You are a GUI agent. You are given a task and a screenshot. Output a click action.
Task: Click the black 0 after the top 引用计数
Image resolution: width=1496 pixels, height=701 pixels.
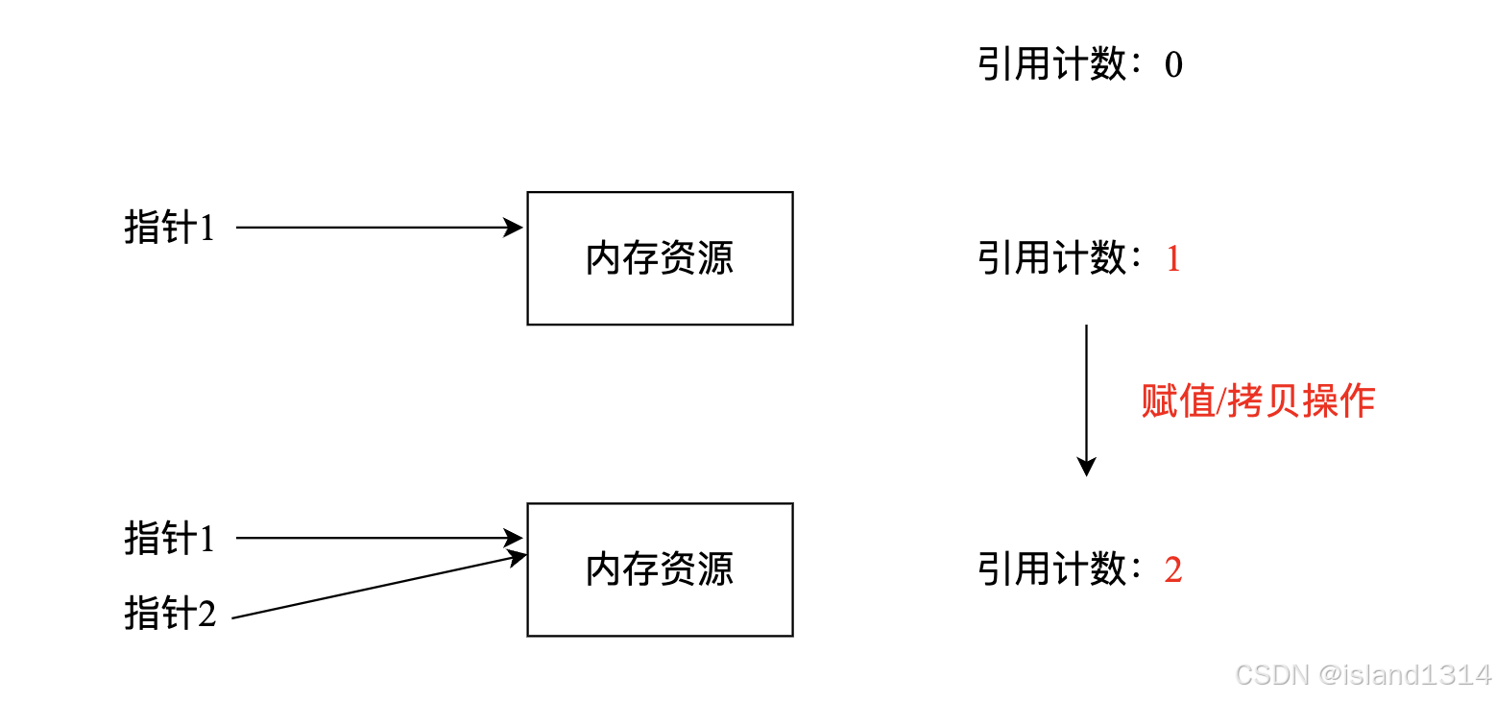pyautogui.click(x=1173, y=64)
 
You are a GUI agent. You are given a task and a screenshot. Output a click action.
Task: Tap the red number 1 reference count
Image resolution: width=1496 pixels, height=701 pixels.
pyautogui.click(x=1173, y=258)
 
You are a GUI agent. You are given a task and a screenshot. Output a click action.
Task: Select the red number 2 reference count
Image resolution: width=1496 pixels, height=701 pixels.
pyautogui.click(x=1173, y=569)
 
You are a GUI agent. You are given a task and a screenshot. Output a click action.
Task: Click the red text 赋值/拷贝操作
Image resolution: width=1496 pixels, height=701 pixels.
pyautogui.click(x=1258, y=401)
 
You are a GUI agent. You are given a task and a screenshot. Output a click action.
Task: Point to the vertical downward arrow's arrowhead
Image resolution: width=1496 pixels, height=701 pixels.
pyautogui.click(x=1087, y=467)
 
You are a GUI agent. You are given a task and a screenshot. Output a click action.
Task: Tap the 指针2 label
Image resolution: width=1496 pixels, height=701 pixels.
pyautogui.click(x=170, y=613)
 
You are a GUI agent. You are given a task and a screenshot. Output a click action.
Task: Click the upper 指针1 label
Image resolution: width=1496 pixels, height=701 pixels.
pyautogui.click(x=170, y=227)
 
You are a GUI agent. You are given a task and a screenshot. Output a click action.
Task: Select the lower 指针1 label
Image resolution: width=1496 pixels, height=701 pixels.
pyautogui.click(x=170, y=538)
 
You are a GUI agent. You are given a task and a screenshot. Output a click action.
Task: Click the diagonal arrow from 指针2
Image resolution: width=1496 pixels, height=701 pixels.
pyautogui.click(x=379, y=586)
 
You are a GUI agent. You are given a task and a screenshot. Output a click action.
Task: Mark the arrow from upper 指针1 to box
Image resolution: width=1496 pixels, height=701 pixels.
pyautogui.click(x=379, y=228)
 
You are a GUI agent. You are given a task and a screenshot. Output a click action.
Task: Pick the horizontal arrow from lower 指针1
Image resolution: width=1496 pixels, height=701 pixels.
pyautogui.click(x=379, y=538)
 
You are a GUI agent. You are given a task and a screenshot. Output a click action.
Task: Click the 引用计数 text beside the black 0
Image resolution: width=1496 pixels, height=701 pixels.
pyautogui.click(x=1051, y=64)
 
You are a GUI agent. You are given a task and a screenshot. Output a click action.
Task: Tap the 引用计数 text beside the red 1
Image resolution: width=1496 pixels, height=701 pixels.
pyautogui.click(x=1051, y=258)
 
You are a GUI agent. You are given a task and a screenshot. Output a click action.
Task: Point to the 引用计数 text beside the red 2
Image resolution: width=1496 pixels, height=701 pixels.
pyautogui.click(x=1051, y=569)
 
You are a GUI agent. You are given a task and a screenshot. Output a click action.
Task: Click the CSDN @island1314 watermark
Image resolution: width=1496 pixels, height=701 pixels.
pyautogui.click(x=1363, y=675)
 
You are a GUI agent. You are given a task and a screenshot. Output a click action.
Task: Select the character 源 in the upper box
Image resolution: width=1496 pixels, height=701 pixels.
pyautogui.click(x=716, y=258)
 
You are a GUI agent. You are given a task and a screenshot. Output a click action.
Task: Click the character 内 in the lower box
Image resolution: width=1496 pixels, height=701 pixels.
pyautogui.click(x=604, y=569)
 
